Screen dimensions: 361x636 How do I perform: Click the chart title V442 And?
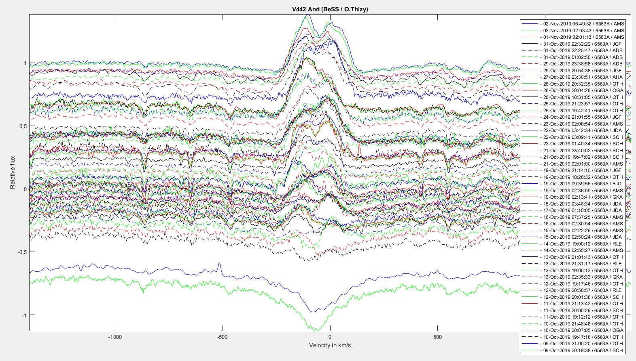pyautogui.click(x=330, y=9)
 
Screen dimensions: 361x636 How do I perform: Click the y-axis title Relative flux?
pyautogui.click(x=13, y=172)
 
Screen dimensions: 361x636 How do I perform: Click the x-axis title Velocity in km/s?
pyautogui.click(x=330, y=345)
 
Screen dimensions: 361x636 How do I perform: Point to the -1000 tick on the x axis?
pyautogui.click(x=115, y=337)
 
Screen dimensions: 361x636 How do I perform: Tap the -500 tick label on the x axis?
pyautogui.click(x=222, y=337)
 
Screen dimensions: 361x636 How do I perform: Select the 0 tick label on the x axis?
pyautogui.click(x=330, y=337)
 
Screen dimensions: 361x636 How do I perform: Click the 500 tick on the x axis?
pyautogui.click(x=437, y=337)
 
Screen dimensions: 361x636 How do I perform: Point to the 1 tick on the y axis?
pyautogui.click(x=25, y=63)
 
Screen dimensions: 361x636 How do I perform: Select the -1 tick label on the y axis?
pyautogui.click(x=24, y=315)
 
